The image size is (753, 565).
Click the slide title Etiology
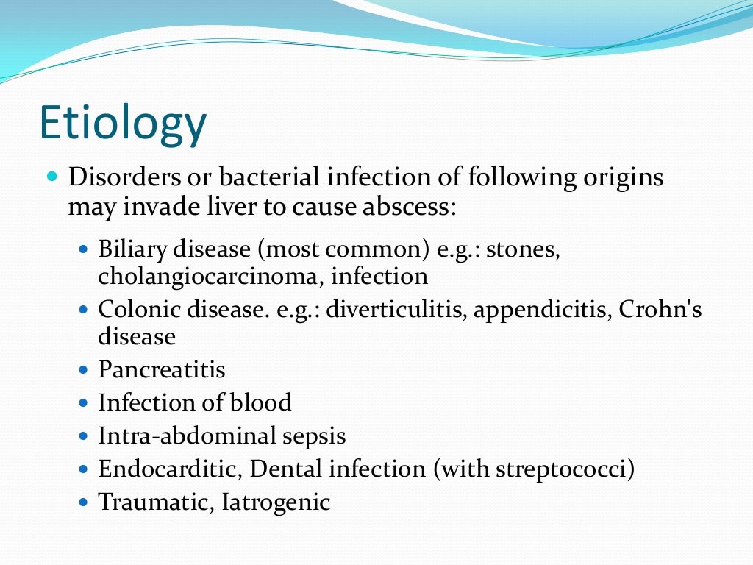point(122,124)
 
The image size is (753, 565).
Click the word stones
point(524,249)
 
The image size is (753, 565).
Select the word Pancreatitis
point(162,369)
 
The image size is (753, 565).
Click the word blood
point(260,402)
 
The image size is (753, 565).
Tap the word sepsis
point(314,436)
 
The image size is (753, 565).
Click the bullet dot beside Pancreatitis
point(83,369)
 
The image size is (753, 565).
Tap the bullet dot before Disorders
point(51,178)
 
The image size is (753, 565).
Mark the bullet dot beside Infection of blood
point(83,402)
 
